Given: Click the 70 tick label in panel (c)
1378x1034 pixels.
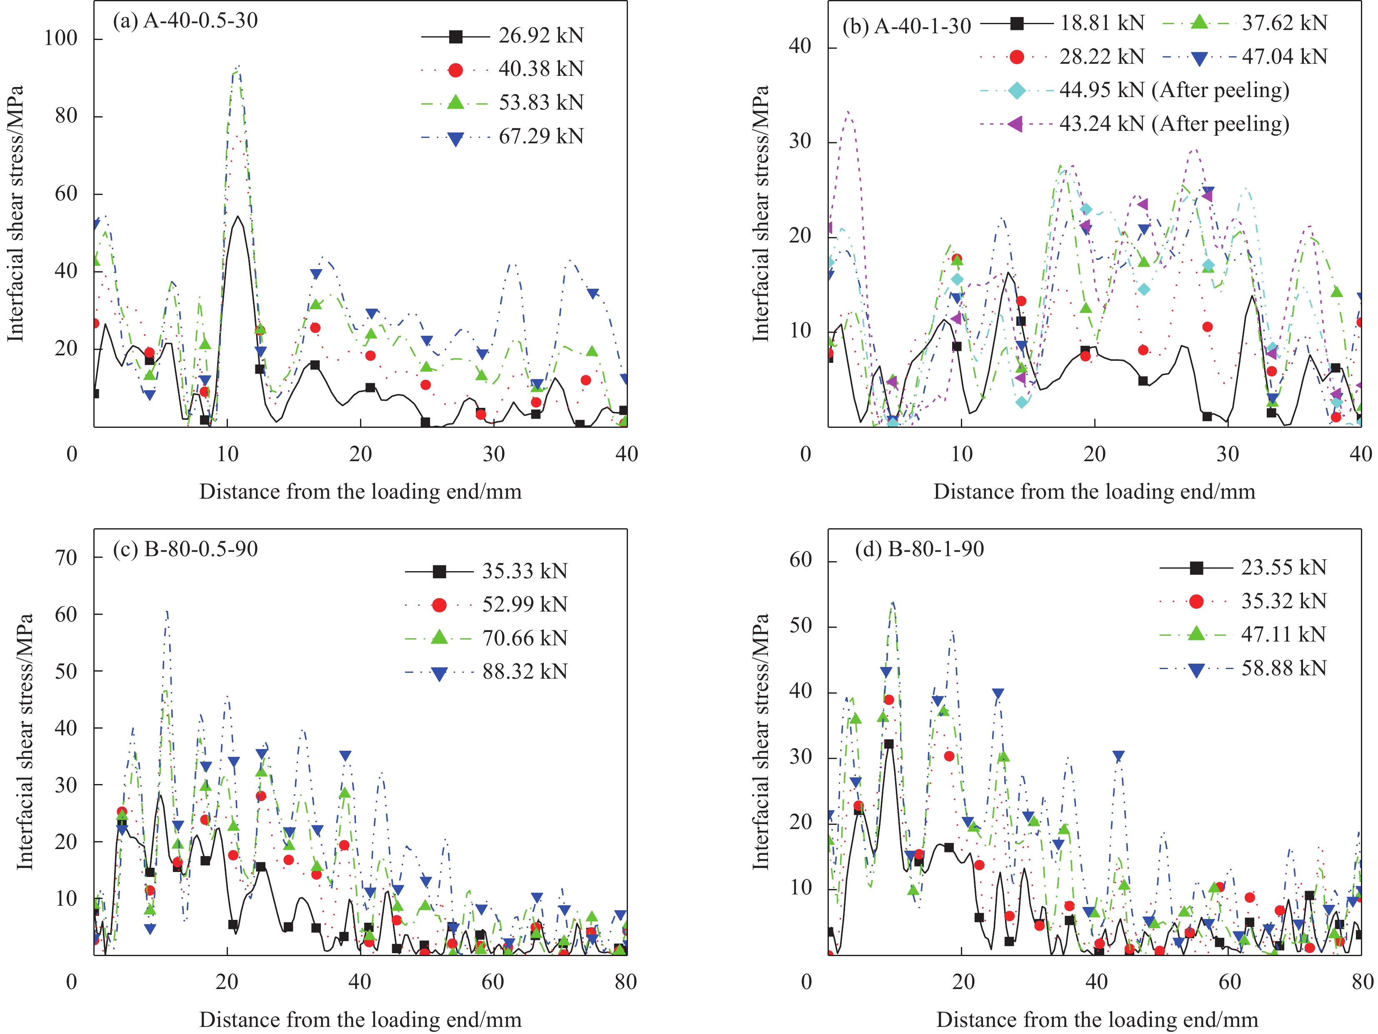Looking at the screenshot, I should click(x=66, y=558).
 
